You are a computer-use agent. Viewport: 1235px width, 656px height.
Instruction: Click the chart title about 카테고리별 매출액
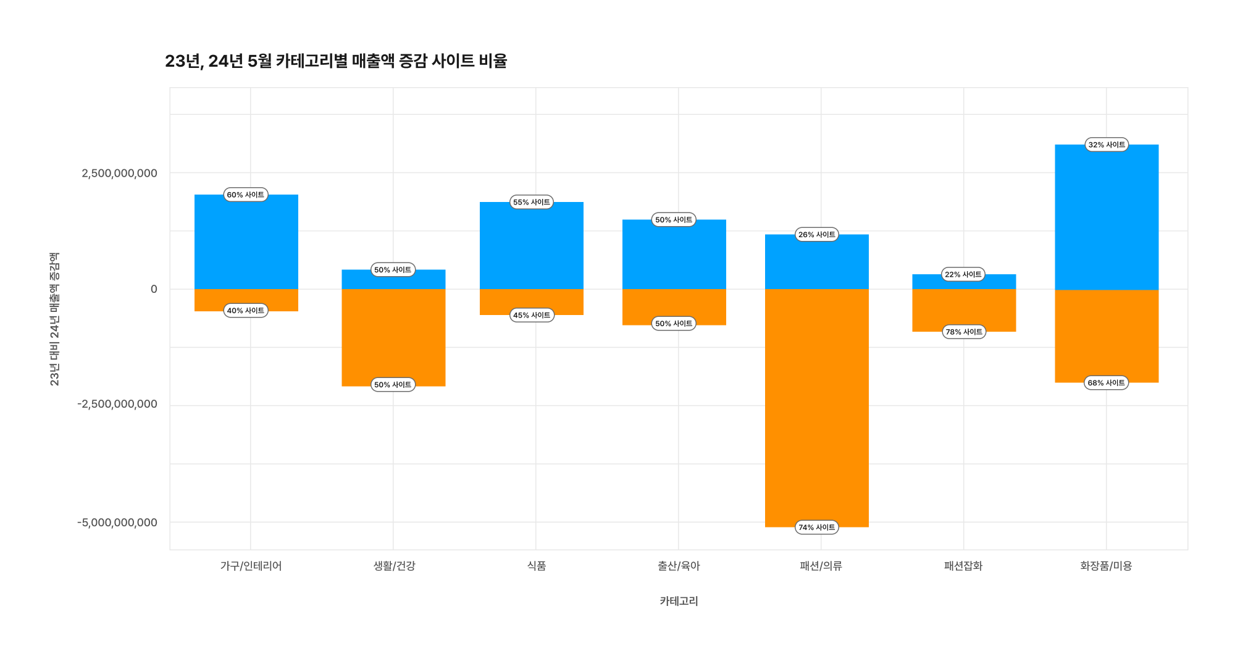[x=336, y=61]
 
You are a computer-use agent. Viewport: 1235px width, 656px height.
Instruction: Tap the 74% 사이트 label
[x=816, y=527]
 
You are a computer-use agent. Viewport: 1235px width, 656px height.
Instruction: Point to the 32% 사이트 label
[x=1107, y=145]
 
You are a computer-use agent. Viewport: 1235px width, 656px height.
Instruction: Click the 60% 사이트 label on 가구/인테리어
[x=246, y=195]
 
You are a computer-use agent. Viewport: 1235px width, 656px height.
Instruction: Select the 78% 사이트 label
[x=964, y=332]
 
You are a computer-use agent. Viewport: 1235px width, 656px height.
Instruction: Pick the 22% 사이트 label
[x=963, y=274]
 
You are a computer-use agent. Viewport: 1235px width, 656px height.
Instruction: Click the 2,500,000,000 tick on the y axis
[x=119, y=173]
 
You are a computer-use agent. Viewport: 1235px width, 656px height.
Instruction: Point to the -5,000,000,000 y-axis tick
[x=117, y=523]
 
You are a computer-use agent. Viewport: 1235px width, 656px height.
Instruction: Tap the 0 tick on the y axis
[x=154, y=289]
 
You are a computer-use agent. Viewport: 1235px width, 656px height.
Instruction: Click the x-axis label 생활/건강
[x=394, y=566]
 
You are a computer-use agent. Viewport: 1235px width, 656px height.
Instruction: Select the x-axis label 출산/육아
[x=679, y=566]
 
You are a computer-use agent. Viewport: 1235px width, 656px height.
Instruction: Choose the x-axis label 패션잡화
[x=963, y=566]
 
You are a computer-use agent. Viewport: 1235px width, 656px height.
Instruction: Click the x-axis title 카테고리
[x=679, y=601]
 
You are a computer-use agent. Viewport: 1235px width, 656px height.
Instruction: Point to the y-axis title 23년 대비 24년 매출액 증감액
[x=54, y=319]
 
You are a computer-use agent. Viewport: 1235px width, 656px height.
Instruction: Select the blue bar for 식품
[x=532, y=247]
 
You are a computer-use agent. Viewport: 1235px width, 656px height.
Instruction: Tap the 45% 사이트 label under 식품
[x=532, y=315]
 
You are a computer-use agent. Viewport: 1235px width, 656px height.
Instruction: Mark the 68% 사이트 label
[x=1107, y=382]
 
